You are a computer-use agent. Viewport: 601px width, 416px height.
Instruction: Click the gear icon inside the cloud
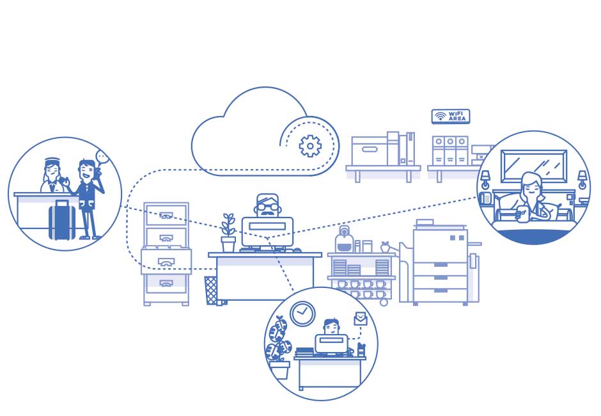coord(310,147)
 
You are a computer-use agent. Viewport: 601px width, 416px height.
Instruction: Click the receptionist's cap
coord(52,161)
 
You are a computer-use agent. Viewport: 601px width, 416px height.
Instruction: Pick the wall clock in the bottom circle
coord(302,314)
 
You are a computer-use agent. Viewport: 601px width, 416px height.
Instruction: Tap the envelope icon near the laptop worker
coord(361,317)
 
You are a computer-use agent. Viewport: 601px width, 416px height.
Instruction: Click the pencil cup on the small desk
coord(361,350)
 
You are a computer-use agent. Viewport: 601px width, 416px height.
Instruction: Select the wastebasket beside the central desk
coord(211,289)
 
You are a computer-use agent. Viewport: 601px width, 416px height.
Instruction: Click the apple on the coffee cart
coord(385,246)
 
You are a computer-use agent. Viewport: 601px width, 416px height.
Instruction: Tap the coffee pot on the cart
coord(344,241)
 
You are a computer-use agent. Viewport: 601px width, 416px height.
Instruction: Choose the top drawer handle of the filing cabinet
coord(166,216)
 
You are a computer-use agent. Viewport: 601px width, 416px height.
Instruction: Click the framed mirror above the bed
coord(533,166)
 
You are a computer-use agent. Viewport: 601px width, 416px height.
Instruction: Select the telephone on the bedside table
coord(487,198)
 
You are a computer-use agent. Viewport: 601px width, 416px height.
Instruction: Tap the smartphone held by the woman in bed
coord(520,214)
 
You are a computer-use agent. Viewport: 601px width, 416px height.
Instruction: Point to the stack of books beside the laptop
coord(304,351)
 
